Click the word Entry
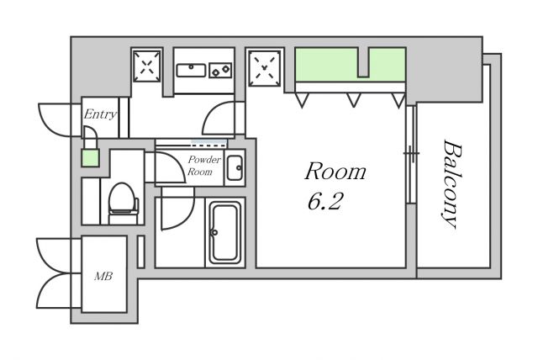[x=100, y=114]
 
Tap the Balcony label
[x=452, y=184]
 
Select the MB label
[x=103, y=276]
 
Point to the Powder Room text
[x=204, y=165]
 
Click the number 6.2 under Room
[x=325, y=202]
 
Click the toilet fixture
[x=123, y=204]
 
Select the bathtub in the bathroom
[x=224, y=232]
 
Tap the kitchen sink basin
[x=191, y=71]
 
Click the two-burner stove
[x=220, y=71]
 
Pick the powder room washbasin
[x=235, y=168]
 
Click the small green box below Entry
[x=91, y=158]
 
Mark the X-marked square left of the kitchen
[x=147, y=66]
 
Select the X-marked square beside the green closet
[x=264, y=68]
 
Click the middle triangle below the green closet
[x=353, y=99]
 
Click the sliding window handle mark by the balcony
[x=411, y=152]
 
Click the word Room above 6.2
[x=335, y=172]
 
